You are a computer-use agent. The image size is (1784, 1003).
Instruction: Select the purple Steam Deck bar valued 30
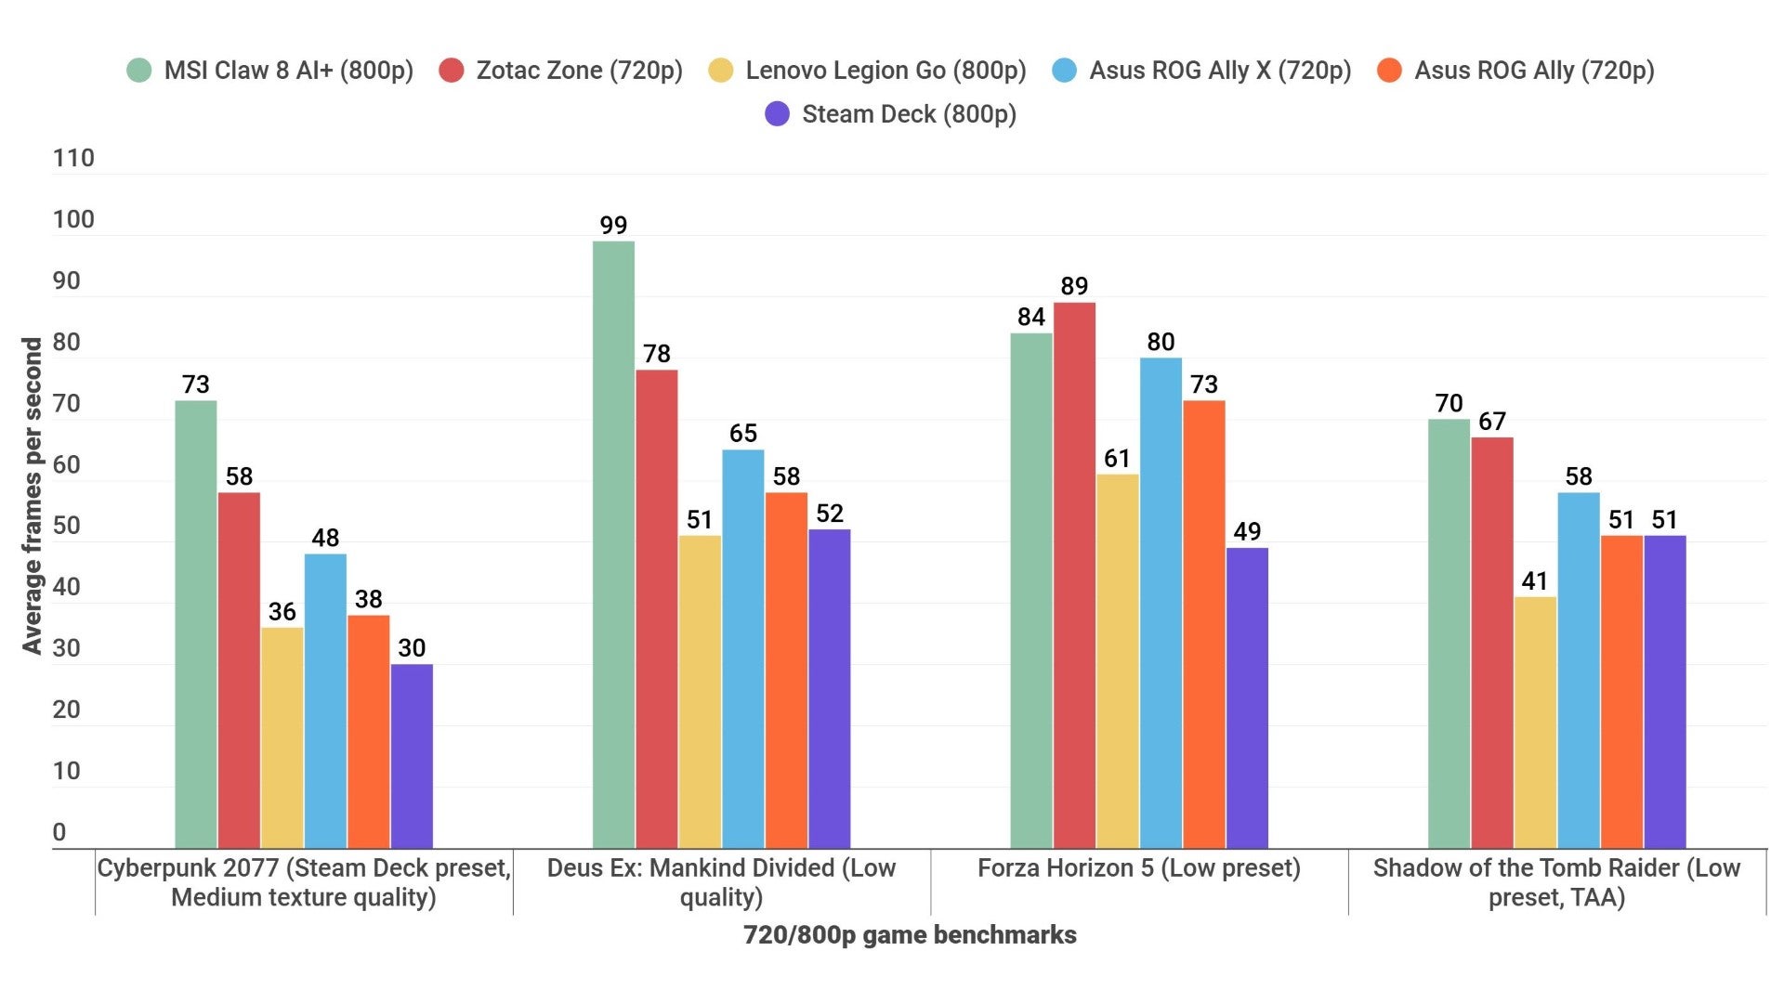tap(412, 756)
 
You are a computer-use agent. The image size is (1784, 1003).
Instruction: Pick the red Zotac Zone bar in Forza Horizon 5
tap(1074, 575)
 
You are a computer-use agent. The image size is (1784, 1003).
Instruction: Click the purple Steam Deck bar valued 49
tap(1247, 697)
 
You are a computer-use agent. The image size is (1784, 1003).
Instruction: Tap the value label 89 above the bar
tap(1074, 286)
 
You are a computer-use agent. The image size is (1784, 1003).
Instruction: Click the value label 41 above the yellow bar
tap(1535, 581)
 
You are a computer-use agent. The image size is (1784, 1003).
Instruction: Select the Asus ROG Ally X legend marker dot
tap(1065, 71)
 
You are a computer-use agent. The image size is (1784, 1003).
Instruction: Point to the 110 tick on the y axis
tap(73, 158)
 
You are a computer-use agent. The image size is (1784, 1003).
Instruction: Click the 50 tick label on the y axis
tap(67, 526)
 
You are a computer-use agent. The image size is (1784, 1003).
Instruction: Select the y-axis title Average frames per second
tap(33, 496)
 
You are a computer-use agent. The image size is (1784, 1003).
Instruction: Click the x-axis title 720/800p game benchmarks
tap(910, 935)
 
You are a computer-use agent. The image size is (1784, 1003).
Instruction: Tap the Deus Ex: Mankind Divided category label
tap(721, 882)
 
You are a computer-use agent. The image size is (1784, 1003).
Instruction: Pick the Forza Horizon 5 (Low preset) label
tap(1139, 868)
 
